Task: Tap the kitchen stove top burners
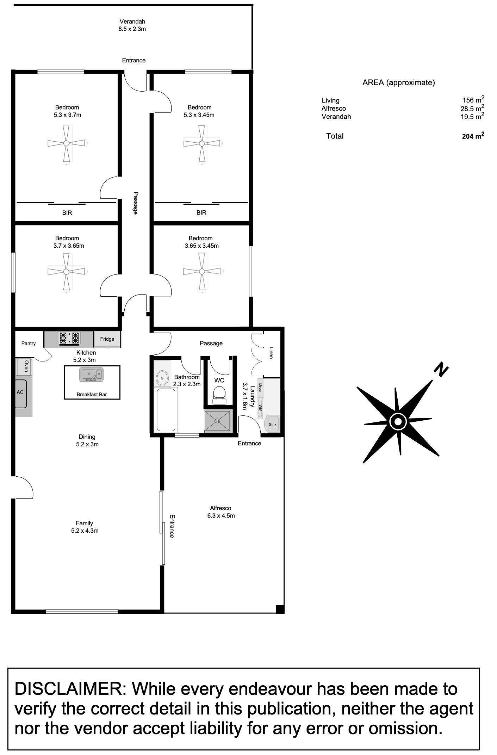click(x=69, y=338)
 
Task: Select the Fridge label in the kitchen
click(x=107, y=339)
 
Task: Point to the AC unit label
click(x=20, y=392)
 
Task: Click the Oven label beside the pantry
click(x=26, y=366)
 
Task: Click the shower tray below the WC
click(x=218, y=421)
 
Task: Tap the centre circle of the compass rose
click(x=398, y=421)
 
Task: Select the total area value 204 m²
click(x=473, y=136)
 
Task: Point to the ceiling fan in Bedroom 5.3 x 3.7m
click(x=66, y=143)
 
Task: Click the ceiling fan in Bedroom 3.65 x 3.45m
click(x=202, y=271)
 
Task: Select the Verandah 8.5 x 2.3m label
click(x=132, y=25)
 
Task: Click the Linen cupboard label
click(x=271, y=352)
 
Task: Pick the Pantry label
click(x=29, y=344)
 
